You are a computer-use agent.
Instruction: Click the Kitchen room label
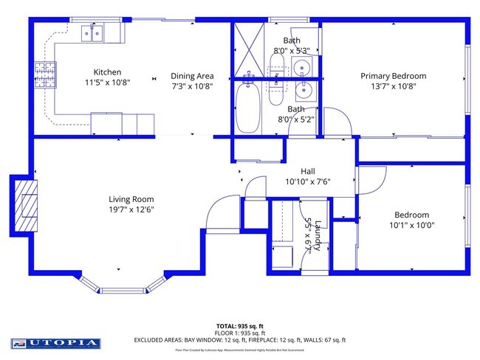[x=107, y=72]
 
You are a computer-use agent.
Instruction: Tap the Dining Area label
[x=192, y=76]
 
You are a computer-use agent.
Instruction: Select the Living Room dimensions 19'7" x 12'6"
[x=131, y=209]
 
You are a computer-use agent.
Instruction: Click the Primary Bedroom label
[x=393, y=76]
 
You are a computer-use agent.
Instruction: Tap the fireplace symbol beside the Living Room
[x=26, y=204]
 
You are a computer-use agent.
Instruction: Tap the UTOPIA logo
[x=55, y=343]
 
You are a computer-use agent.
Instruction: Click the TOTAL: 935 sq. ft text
[x=240, y=325]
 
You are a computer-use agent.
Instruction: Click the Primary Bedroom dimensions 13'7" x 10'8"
[x=393, y=86]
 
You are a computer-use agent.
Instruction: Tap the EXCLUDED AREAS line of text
[x=240, y=340]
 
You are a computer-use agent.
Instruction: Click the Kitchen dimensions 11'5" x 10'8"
[x=107, y=82]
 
